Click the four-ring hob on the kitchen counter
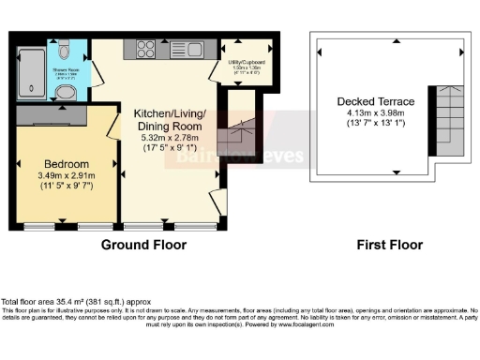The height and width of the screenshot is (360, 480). tap(148, 49)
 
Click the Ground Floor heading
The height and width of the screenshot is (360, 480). tap(143, 245)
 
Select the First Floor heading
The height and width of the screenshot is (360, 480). tap(389, 245)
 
